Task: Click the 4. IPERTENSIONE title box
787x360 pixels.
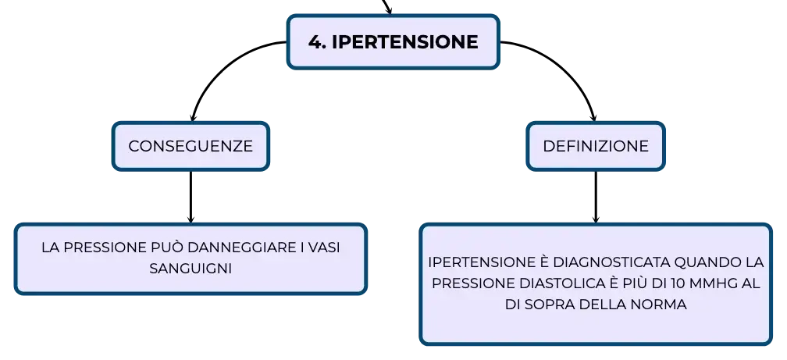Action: (x=393, y=41)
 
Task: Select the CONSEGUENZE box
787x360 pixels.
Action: (x=191, y=146)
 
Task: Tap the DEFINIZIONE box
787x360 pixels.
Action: (x=596, y=146)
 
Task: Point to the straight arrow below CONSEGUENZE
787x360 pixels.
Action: (x=191, y=196)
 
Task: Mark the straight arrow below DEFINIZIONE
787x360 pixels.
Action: (x=596, y=196)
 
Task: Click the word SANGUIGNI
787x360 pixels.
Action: (x=191, y=269)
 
